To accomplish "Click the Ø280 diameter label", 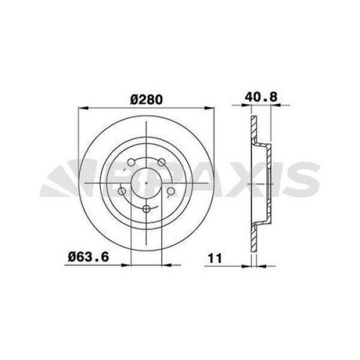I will point(146,99).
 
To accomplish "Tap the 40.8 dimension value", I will point(260,97).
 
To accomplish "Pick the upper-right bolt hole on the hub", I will point(161,162).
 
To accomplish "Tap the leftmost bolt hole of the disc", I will point(123,191).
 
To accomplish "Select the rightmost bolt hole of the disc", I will point(170,191).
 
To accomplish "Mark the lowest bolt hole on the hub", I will point(146,208).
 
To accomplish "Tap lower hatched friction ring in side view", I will point(253,236).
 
